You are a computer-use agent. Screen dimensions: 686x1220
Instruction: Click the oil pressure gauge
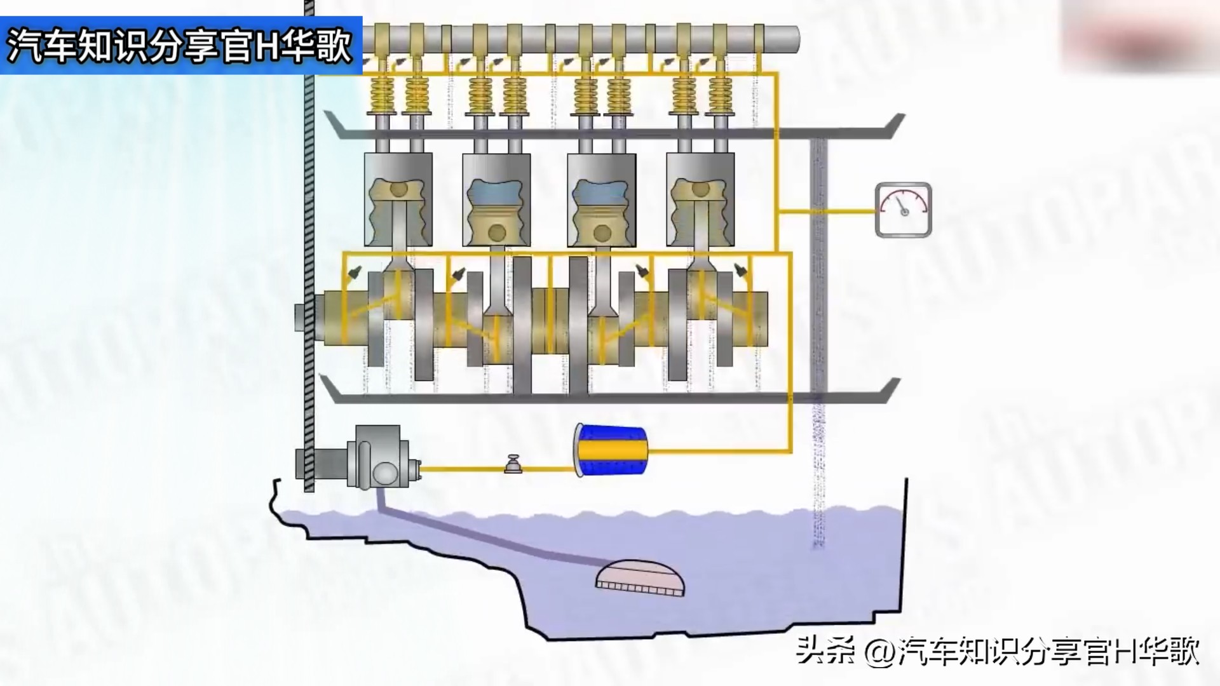pos(903,210)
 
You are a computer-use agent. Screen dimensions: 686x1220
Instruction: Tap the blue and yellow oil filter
pos(611,450)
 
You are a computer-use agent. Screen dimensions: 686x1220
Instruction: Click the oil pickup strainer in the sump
pos(640,578)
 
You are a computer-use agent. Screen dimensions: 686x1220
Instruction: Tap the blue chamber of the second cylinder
pos(496,190)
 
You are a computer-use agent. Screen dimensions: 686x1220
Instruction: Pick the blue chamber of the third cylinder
pos(601,190)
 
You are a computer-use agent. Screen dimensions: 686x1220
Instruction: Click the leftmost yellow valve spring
pos(382,94)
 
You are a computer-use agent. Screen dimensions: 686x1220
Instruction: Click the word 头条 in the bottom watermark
pos(826,652)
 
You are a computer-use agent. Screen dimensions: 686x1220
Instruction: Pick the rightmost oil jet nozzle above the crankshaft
pos(740,271)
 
